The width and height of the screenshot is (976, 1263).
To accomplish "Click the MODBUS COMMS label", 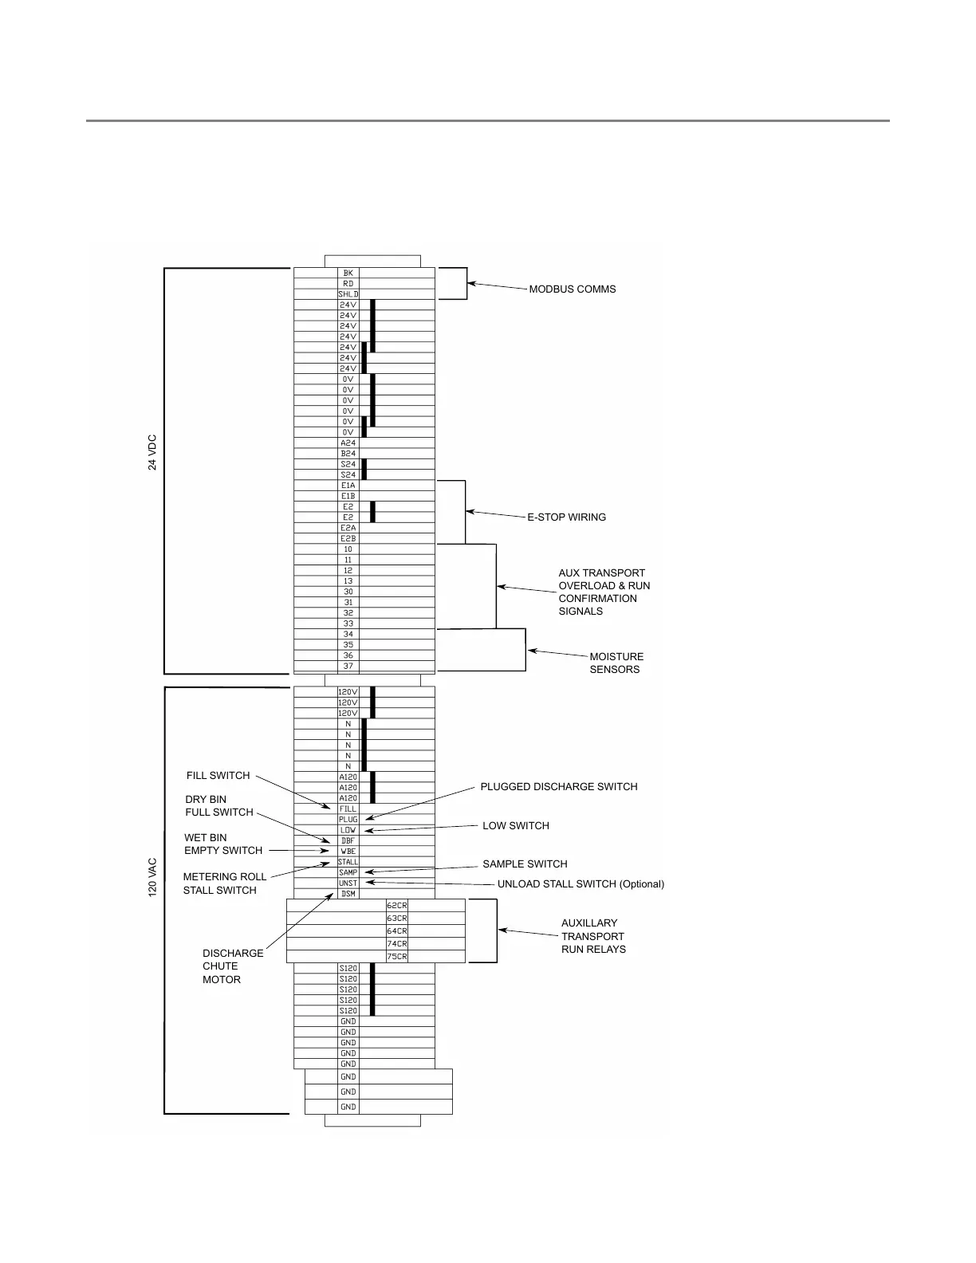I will coord(573,289).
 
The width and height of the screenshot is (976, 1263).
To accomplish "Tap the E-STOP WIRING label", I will coord(566,517).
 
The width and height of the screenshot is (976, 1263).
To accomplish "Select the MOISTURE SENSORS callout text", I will coord(616,663).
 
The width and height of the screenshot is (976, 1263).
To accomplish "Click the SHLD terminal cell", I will coord(348,294).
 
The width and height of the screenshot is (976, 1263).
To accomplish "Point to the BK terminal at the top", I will coord(348,273).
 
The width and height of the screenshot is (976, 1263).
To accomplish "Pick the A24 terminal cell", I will coord(348,443).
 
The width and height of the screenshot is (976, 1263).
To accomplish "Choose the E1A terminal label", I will coord(348,485).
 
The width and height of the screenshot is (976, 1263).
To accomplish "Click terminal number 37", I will coord(348,666).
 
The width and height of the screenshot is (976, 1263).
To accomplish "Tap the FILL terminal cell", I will coord(348,809).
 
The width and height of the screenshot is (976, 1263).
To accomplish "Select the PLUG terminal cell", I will coord(348,819).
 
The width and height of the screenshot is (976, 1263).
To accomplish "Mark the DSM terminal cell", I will coord(348,893).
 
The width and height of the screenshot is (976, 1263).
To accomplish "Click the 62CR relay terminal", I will coord(396,906).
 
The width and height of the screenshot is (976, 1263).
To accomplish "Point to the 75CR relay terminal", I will coord(396,957).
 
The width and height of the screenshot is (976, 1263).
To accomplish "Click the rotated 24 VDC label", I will coord(152,452).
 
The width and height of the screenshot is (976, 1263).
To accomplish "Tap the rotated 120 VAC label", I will coord(152,877).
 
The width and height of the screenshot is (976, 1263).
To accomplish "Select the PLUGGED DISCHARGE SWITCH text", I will coord(558,787).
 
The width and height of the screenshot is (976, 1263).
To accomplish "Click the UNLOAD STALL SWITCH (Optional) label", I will coord(580,884).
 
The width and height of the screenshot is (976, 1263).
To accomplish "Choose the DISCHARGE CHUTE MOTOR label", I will coord(233,966).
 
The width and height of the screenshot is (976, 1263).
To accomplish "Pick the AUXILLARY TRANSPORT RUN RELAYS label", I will coord(593,936).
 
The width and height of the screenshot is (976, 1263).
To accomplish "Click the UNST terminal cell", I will coord(348,883).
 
